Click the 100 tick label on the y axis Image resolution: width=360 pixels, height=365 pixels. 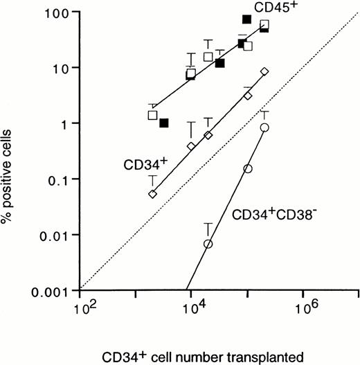[57, 13]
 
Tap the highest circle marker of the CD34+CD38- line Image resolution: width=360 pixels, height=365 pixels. [264, 127]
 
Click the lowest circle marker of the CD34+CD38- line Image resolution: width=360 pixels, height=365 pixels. [208, 244]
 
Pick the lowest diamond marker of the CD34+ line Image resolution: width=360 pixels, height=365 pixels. [152, 195]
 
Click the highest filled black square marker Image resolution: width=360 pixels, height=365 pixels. [246, 19]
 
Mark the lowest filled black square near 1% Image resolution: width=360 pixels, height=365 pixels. [164, 123]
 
